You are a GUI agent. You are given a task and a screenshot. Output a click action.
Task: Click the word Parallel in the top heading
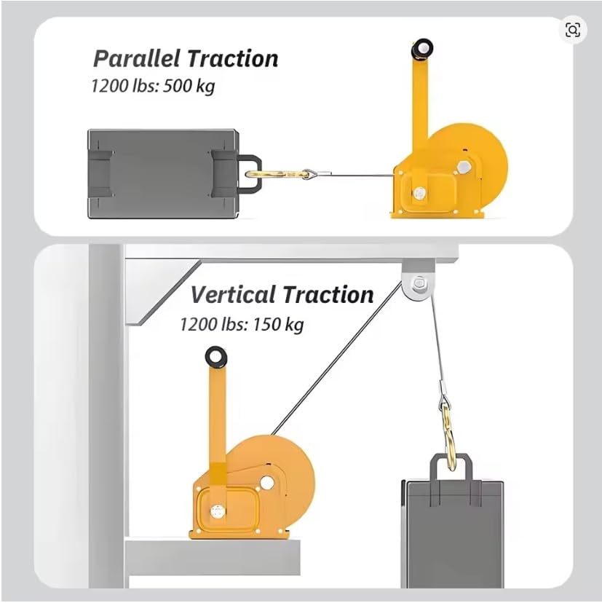[136, 58]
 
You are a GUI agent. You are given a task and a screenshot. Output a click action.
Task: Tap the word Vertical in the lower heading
[234, 294]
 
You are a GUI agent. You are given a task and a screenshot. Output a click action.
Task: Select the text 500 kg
[189, 86]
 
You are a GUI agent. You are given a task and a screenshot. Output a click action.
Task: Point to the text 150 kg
[278, 325]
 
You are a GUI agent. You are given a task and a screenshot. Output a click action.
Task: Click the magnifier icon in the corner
[573, 30]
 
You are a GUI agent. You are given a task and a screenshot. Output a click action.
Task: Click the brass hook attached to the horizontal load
[277, 175]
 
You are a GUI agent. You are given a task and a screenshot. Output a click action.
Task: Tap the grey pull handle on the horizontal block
[250, 174]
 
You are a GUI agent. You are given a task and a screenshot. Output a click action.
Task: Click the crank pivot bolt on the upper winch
[419, 193]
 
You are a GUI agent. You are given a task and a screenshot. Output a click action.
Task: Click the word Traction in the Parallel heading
[233, 58]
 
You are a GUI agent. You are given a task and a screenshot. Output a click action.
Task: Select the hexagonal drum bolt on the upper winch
[464, 167]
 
